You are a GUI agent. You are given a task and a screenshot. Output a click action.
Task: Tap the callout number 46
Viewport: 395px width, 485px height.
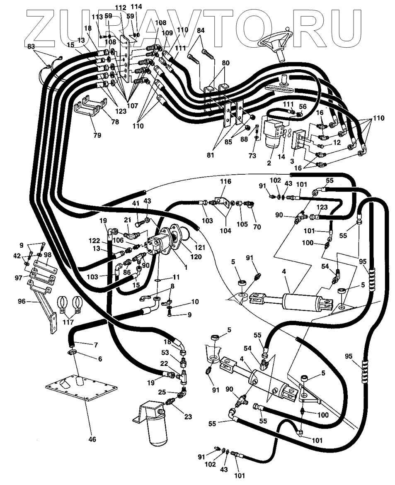[x=92, y=439]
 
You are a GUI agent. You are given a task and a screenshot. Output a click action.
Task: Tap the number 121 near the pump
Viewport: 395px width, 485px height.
[x=200, y=248]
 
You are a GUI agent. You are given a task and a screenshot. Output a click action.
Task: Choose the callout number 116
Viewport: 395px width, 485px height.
[x=225, y=182]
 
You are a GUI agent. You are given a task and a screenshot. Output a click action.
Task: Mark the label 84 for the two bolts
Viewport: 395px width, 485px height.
[x=201, y=30]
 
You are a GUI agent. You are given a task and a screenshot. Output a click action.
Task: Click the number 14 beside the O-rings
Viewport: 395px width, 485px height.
[x=281, y=156]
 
